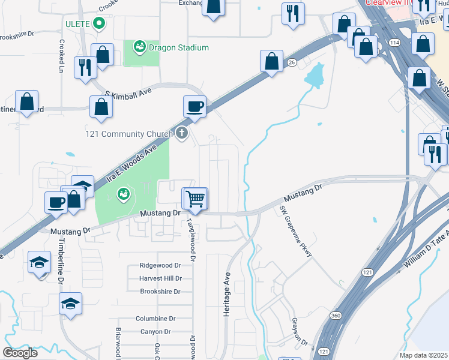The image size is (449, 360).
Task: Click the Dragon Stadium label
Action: point(179,47)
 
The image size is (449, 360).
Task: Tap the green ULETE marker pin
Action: point(100,24)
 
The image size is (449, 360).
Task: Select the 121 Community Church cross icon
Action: point(179,134)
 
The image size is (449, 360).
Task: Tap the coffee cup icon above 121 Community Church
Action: point(194,107)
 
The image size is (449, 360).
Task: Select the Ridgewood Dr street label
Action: point(160,265)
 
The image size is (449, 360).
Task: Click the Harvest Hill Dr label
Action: point(160,278)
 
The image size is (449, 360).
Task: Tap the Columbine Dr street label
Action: point(155,319)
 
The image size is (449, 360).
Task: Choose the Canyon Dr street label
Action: point(155,332)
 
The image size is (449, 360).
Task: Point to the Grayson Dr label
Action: point(300,333)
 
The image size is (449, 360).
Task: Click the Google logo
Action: point(20,352)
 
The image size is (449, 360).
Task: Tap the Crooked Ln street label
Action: point(61,57)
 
